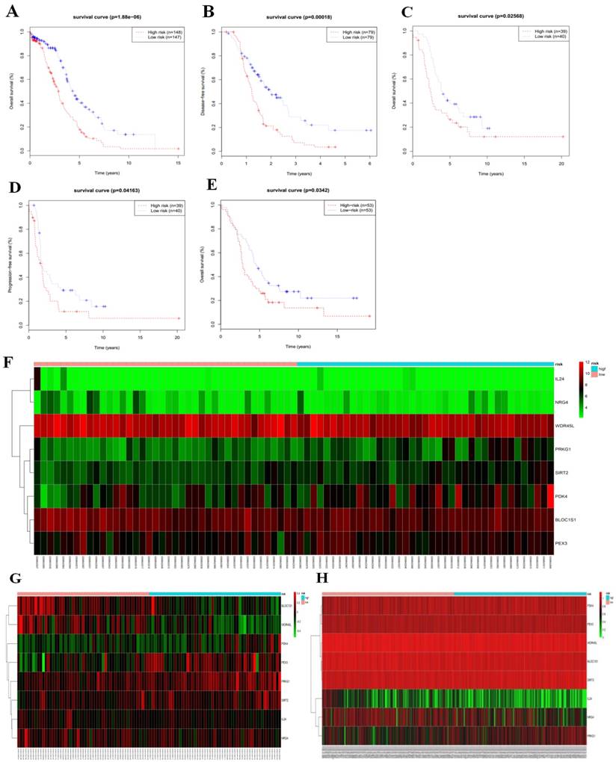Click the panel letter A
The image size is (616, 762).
[x=12, y=13]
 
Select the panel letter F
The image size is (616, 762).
[x=10, y=362]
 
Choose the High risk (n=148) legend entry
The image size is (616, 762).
[x=158, y=32]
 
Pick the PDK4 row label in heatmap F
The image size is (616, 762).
[x=561, y=495]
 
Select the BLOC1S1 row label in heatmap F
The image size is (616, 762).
[x=566, y=518]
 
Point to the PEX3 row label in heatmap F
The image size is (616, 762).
[x=561, y=542]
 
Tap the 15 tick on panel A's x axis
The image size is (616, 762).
[x=179, y=162]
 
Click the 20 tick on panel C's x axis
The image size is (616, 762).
[x=562, y=162]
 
